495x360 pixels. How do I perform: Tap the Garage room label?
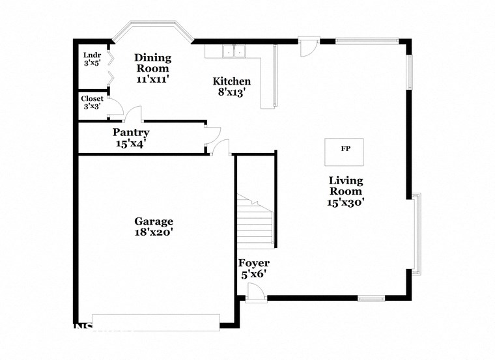[154, 221]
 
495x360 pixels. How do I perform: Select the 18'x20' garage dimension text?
[154, 231]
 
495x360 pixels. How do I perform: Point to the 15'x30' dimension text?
[345, 202]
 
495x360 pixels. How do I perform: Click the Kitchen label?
[232, 81]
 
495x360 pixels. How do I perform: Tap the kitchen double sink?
[233, 51]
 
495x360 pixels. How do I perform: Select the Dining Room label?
[152, 62]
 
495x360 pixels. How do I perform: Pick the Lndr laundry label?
[91, 55]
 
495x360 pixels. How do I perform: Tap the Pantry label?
[131, 132]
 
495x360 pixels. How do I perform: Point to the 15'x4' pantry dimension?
[131, 143]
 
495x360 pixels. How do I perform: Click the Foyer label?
[254, 264]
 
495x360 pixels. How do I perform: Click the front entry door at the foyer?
[256, 294]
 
